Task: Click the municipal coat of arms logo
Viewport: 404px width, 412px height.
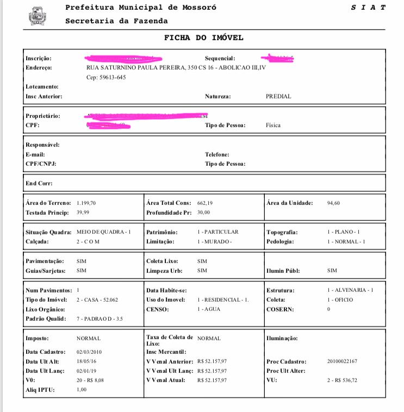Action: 38,16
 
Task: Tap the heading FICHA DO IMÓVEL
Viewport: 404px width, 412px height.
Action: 204,38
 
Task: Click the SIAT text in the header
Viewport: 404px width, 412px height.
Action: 368,8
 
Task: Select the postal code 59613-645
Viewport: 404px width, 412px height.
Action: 107,77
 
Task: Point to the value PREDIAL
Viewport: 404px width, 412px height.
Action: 278,96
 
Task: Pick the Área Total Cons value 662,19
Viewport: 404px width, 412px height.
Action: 205,203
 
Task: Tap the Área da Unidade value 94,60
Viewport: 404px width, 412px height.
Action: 334,203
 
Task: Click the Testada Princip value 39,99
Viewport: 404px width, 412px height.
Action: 83,213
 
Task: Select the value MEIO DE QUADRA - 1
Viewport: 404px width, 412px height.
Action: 104,232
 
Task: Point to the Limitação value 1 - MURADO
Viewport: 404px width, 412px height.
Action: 214,241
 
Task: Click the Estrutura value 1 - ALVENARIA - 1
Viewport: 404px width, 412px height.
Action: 350,290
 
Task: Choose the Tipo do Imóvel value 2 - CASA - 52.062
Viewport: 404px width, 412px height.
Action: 97,300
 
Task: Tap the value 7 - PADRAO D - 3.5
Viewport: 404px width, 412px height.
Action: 100,319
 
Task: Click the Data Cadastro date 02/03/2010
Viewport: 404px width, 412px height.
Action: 89,352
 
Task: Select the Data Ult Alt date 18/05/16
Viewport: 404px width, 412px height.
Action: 86,361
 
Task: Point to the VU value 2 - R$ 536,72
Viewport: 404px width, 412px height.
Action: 345,380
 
